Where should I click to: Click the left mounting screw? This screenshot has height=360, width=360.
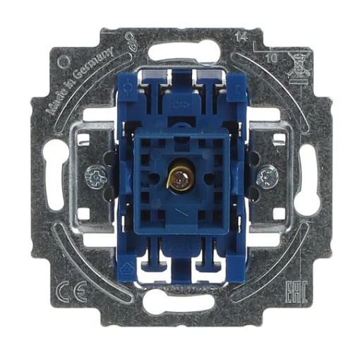(x=95, y=172)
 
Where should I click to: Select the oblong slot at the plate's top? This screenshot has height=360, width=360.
(x=181, y=54)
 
